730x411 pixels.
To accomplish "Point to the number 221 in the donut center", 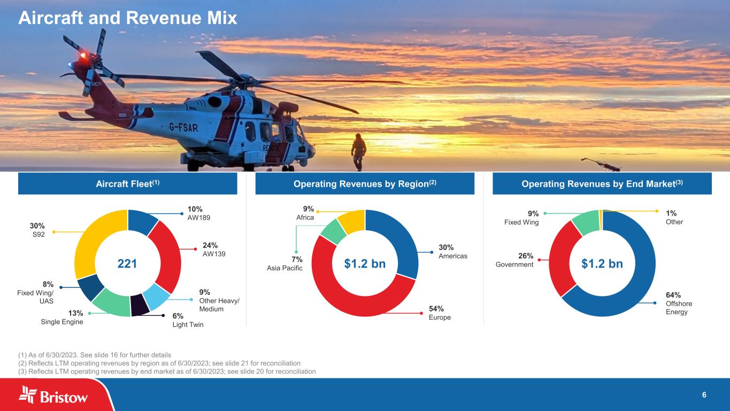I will [127, 263].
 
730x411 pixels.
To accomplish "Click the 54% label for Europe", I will [436, 309].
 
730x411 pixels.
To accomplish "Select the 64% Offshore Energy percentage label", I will [673, 295].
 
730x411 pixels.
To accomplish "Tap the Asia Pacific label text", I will [285, 268].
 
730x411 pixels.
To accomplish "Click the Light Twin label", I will [188, 325].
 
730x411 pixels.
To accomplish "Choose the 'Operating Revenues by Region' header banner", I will [365, 184].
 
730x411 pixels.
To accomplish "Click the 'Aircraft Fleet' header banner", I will [127, 184].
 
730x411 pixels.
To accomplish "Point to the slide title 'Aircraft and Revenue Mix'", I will [127, 19].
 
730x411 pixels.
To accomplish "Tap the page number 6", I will [704, 395].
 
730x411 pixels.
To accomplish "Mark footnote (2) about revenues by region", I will [159, 363].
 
